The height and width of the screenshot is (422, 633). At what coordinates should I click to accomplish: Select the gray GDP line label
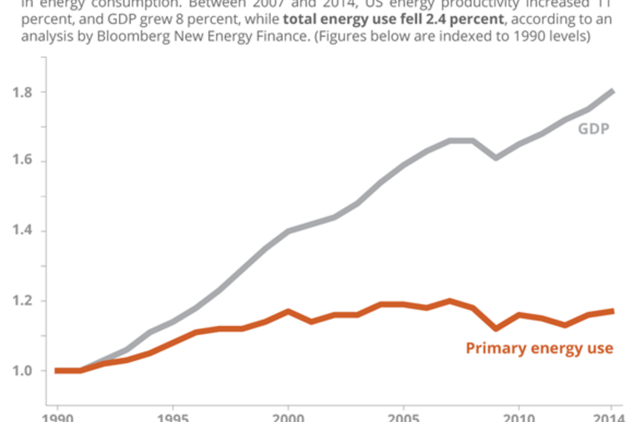point(593,129)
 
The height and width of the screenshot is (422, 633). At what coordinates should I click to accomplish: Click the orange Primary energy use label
point(539,348)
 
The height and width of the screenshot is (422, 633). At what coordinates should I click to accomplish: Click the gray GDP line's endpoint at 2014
point(612,92)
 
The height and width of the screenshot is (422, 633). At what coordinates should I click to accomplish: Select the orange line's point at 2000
point(288,311)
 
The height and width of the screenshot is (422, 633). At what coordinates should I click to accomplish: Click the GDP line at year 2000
point(288,231)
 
